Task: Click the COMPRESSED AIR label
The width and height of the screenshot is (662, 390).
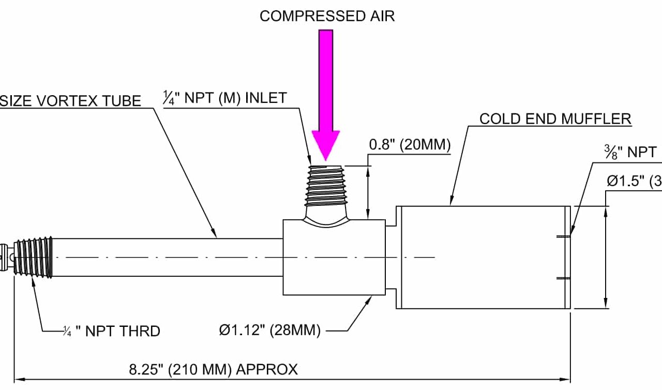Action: tap(327, 16)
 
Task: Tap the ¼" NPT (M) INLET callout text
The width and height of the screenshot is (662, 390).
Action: tap(224, 98)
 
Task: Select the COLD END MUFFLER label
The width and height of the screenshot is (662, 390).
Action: tap(555, 119)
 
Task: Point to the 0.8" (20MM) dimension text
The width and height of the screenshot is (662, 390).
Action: tap(410, 145)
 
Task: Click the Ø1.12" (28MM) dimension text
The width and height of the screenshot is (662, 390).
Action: tap(269, 330)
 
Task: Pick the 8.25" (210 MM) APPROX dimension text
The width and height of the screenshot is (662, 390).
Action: tap(213, 369)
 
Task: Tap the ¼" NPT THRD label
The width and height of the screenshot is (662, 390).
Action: tap(111, 331)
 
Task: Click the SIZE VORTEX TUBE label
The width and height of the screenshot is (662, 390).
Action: tap(70, 100)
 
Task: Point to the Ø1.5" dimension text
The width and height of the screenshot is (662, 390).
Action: tap(634, 181)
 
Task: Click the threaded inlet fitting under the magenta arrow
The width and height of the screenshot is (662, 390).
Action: tap(325, 186)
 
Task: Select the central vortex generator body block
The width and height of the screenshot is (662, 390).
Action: tap(334, 257)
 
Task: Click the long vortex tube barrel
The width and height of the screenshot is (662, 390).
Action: tap(168, 257)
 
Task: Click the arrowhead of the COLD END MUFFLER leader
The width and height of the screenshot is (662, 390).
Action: tap(452, 203)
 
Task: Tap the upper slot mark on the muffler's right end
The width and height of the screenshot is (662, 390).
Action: tap(563, 237)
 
